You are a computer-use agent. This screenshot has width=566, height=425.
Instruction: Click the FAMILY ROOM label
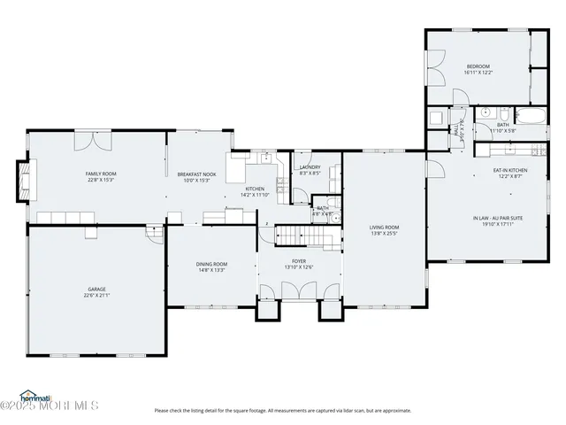[101, 174]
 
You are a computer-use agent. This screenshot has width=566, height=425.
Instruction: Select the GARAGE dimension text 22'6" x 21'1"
[97, 296]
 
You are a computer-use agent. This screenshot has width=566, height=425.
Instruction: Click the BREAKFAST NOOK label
[196, 174]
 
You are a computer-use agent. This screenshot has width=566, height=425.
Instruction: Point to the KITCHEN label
[255, 189]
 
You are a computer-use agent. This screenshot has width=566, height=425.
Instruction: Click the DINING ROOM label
[211, 263]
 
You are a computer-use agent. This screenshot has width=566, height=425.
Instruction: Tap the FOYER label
[299, 261]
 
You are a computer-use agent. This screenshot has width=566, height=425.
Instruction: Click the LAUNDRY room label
[310, 166]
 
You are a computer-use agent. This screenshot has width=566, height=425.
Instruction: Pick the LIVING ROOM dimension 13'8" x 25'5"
[384, 234]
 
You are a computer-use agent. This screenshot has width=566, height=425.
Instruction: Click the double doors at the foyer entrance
[299, 291]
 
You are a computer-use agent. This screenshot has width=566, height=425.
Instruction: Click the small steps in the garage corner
[155, 236]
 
